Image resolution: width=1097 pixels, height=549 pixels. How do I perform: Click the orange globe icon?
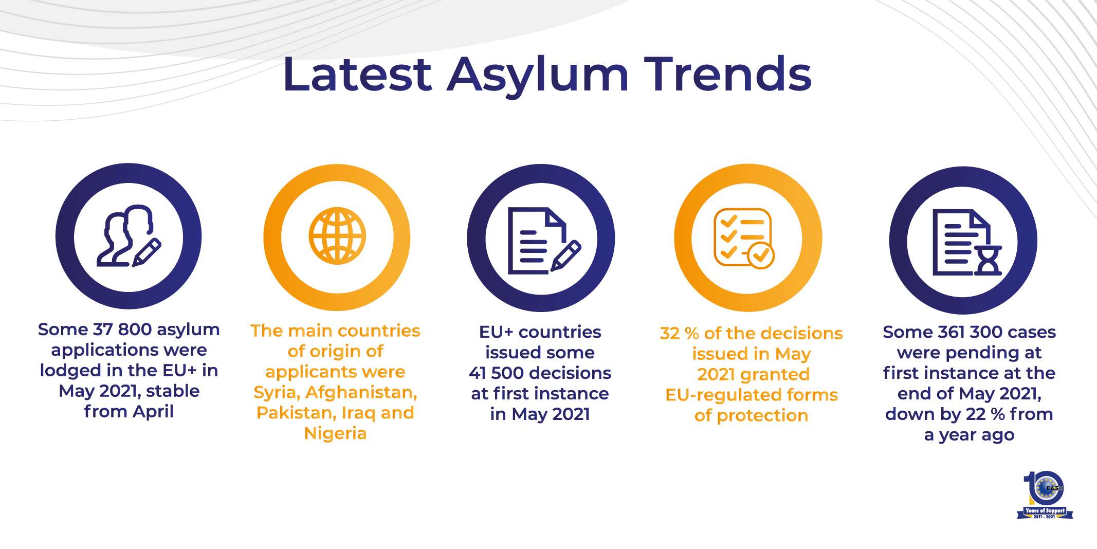(337, 236)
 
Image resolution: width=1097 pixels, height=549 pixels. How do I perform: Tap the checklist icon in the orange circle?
(744, 238)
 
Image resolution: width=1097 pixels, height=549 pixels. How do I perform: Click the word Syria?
(276, 393)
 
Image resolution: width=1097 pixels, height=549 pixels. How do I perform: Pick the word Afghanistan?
(361, 393)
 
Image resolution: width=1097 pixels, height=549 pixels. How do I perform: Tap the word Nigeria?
(335, 434)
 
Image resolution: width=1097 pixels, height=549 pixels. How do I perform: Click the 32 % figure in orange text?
(679, 334)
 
